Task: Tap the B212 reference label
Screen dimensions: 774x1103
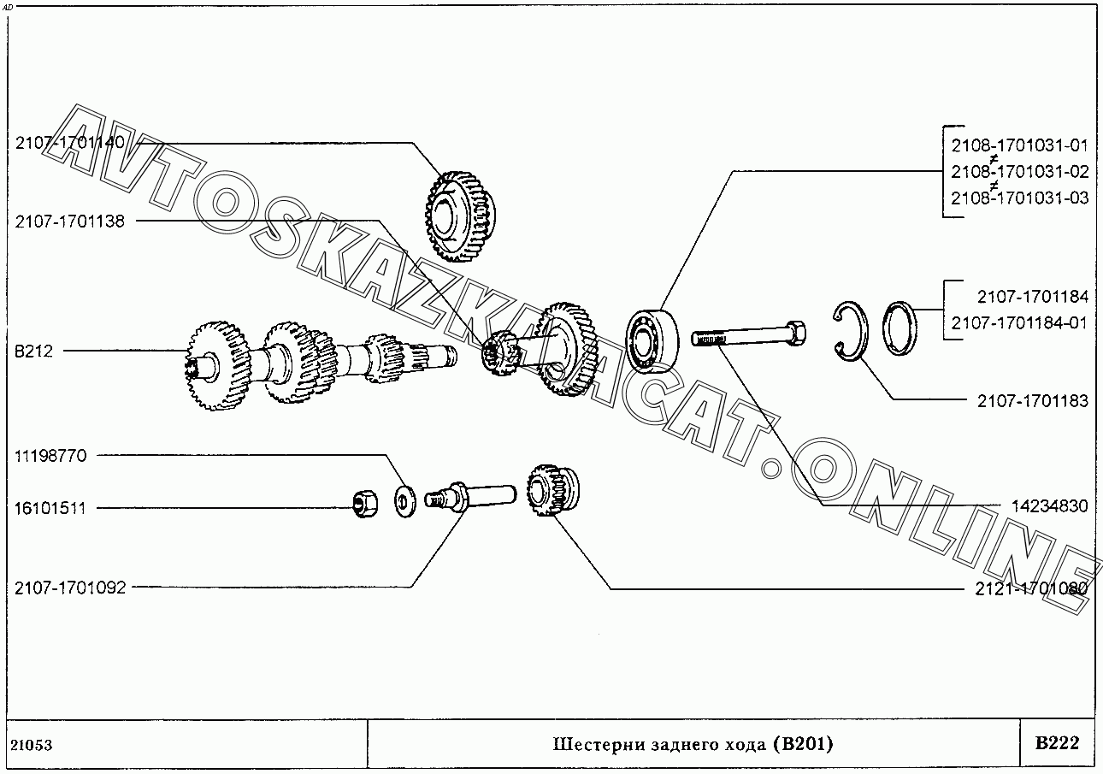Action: (33, 351)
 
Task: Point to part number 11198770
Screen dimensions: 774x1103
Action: (50, 456)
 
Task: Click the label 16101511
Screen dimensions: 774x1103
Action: (50, 508)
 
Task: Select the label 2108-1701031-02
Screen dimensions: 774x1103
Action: (1019, 171)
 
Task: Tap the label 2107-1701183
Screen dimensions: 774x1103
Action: (1033, 400)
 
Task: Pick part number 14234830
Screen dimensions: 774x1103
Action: (1049, 506)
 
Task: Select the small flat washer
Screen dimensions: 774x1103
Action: (401, 499)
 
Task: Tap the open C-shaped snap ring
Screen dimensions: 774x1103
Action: (851, 332)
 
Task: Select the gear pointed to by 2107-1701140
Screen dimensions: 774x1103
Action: (460, 215)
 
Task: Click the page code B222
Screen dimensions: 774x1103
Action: (1057, 743)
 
